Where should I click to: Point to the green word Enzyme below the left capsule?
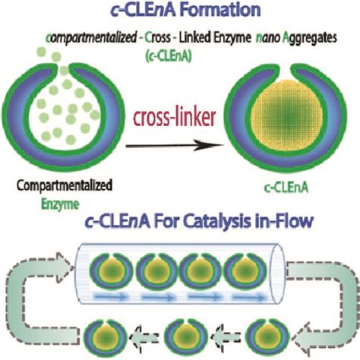tap(60, 200)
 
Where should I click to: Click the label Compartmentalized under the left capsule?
tap(59, 185)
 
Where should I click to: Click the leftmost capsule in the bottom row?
tap(100, 334)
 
